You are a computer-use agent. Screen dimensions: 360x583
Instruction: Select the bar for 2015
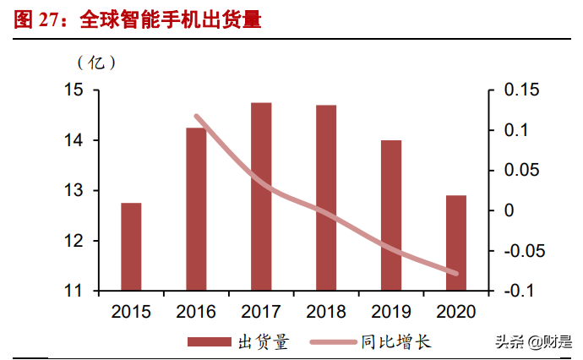[x=131, y=247]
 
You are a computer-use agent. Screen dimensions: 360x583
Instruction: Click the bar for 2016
[x=196, y=209]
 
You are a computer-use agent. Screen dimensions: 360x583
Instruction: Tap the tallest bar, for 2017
[x=261, y=196]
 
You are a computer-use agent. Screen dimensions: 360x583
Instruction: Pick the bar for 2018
[x=326, y=198]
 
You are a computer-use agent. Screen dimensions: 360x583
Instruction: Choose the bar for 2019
[x=391, y=215]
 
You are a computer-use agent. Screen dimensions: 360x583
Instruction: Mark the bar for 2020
[x=456, y=243]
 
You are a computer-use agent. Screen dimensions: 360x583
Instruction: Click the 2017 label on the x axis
[x=261, y=312]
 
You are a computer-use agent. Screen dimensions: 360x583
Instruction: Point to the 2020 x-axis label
[x=456, y=312]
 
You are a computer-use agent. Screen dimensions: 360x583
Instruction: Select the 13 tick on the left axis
[x=76, y=191]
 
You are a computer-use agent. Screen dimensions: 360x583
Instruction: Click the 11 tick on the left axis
[x=76, y=291]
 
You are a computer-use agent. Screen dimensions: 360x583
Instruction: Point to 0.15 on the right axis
[x=520, y=90]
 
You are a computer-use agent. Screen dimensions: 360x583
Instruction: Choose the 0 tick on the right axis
[x=508, y=210]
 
